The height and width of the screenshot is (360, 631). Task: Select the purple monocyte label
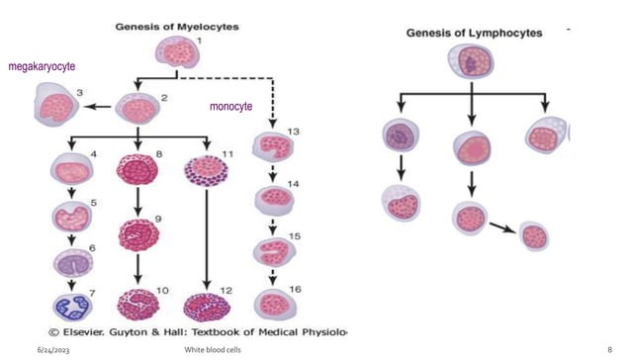[x=230, y=106]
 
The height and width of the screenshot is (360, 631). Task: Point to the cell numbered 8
[x=138, y=169]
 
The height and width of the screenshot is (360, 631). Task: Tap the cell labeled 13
[x=273, y=147]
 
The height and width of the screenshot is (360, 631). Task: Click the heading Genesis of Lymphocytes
[x=475, y=33]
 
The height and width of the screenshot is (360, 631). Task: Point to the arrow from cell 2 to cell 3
[x=97, y=106]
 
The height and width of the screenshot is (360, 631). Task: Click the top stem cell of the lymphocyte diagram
[x=473, y=62]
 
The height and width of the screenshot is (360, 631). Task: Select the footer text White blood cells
[x=216, y=350]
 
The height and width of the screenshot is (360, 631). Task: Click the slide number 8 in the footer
[x=610, y=350]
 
